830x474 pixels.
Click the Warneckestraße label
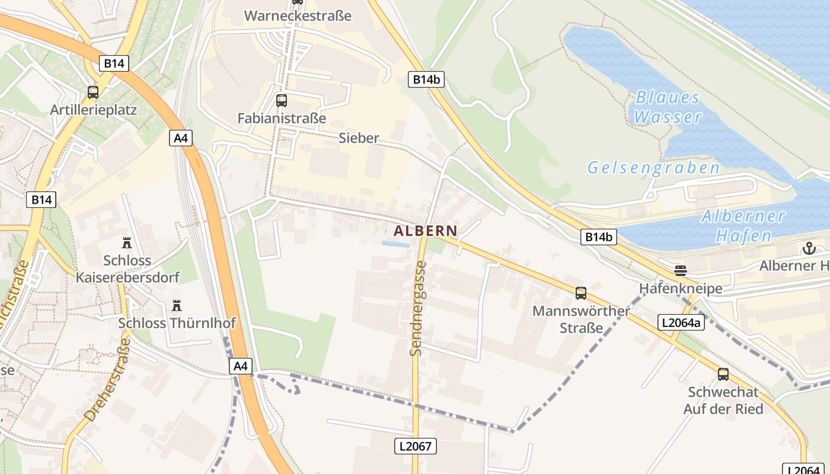[298, 15]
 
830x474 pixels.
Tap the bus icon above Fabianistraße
[282, 101]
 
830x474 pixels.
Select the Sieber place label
[359, 138]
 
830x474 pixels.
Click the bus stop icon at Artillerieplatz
[93, 92]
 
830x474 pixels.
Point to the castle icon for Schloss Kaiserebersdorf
[126, 242]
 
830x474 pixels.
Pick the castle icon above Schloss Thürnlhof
[176, 306]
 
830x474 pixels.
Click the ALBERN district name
[426, 231]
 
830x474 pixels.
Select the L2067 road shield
[416, 446]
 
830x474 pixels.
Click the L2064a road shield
[681, 323]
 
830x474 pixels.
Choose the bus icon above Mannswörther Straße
[581, 293]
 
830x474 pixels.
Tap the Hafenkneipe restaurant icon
[681, 271]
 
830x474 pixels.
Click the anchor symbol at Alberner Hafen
[809, 248]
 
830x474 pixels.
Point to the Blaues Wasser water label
[668, 107]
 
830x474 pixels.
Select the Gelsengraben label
[654, 168]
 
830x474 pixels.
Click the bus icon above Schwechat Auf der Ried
[723, 374]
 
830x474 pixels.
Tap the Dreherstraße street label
[107, 379]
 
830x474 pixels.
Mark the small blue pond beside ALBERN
[395, 244]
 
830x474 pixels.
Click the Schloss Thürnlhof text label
[177, 323]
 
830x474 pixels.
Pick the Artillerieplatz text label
[94, 110]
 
